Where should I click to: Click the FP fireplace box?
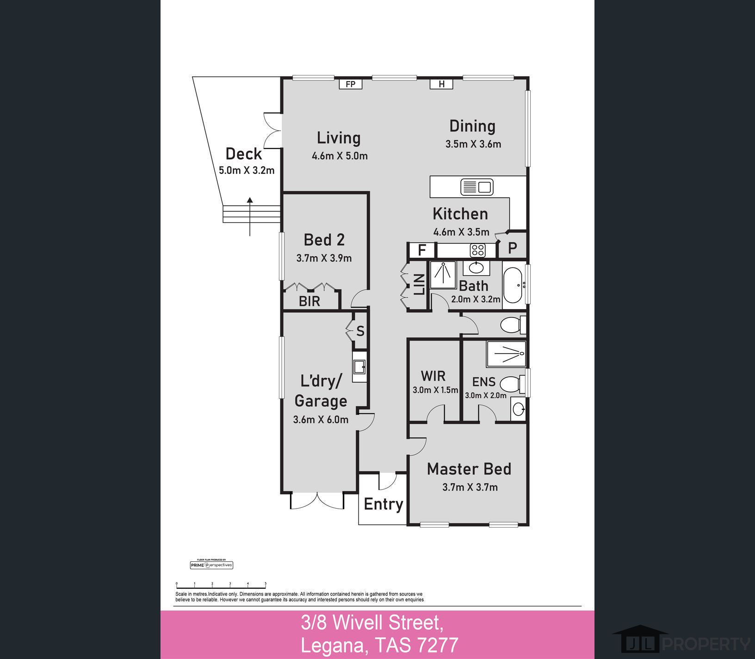(x=350, y=84)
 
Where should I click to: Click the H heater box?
(x=441, y=84)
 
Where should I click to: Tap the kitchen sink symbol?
(x=477, y=187)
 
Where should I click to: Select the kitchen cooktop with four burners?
(x=478, y=250)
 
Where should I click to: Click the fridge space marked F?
(x=422, y=250)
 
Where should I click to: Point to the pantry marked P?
(x=512, y=248)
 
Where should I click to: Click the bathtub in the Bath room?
(x=514, y=285)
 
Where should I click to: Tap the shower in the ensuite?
(x=506, y=354)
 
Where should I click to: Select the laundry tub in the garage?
(x=359, y=367)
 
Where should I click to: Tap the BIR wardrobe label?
(x=309, y=301)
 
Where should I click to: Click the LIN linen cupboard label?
(x=419, y=285)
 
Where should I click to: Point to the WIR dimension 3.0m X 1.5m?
(x=435, y=390)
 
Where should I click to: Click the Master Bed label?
(x=469, y=469)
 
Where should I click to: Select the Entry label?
(x=383, y=504)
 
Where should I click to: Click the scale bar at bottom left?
(x=221, y=586)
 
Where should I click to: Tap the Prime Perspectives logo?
(x=211, y=565)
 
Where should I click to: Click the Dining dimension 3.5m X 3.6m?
(x=473, y=144)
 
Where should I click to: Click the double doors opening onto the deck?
(x=273, y=130)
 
